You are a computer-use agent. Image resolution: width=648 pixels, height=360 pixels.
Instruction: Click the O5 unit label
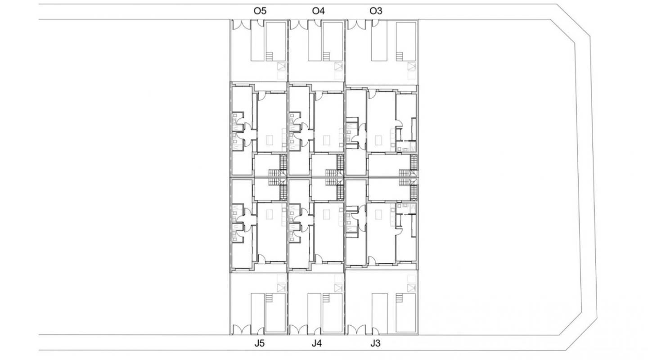(260, 11)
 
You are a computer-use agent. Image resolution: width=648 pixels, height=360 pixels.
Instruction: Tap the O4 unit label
(318, 11)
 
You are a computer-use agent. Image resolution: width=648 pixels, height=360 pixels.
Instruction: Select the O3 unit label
(376, 11)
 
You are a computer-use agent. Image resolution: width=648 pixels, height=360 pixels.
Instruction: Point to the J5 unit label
(260, 344)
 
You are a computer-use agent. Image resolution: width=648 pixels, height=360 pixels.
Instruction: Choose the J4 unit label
(317, 344)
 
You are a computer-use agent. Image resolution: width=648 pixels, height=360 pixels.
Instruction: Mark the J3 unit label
(375, 344)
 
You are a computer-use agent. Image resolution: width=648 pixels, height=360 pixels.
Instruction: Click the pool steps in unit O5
(270, 56)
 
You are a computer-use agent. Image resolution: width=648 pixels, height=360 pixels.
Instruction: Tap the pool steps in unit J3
(399, 298)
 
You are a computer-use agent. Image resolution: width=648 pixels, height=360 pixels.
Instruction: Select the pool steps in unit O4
(327, 56)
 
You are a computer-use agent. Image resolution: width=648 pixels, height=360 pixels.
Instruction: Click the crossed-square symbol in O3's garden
(411, 67)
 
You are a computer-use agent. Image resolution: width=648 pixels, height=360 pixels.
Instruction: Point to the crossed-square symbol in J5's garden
(282, 287)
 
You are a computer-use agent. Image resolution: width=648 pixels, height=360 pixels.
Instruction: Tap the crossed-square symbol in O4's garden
(338, 67)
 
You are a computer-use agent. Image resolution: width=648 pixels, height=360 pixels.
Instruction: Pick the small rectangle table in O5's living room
(269, 140)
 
